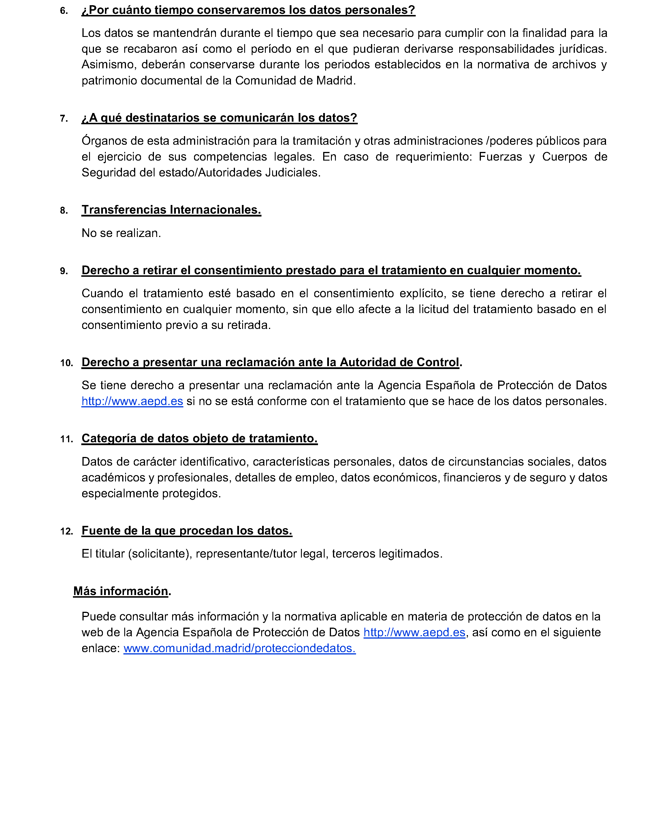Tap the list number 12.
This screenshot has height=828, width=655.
[x=66, y=532]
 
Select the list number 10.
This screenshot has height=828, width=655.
[x=66, y=363]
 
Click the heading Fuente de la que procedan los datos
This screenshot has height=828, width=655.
[x=187, y=531]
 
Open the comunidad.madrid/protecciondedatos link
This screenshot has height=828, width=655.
[x=239, y=648]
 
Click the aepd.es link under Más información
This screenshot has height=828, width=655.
[x=414, y=633]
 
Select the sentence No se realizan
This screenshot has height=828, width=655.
[x=121, y=233]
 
